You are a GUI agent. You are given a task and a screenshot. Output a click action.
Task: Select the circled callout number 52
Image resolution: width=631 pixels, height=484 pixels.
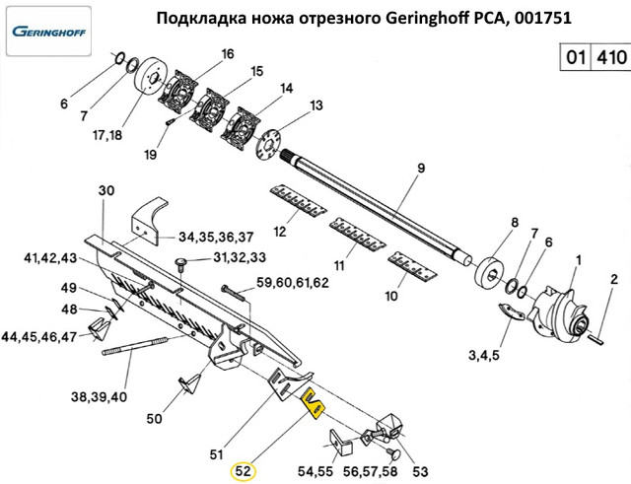tap(243, 471)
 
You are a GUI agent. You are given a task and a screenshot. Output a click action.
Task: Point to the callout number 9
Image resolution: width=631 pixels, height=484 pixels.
tap(419, 169)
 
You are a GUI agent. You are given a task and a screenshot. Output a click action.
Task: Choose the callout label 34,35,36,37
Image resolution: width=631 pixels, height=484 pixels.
tap(217, 237)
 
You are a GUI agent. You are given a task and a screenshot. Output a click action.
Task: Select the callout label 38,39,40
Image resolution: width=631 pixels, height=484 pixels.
tap(100, 397)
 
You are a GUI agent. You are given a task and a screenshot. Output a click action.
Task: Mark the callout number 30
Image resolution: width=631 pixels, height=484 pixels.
tap(106, 189)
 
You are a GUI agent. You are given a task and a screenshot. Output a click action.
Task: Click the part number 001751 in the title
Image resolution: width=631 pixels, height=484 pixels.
tap(545, 17)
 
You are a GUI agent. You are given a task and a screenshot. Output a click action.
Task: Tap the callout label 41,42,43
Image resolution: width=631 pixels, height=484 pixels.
tap(50, 258)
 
